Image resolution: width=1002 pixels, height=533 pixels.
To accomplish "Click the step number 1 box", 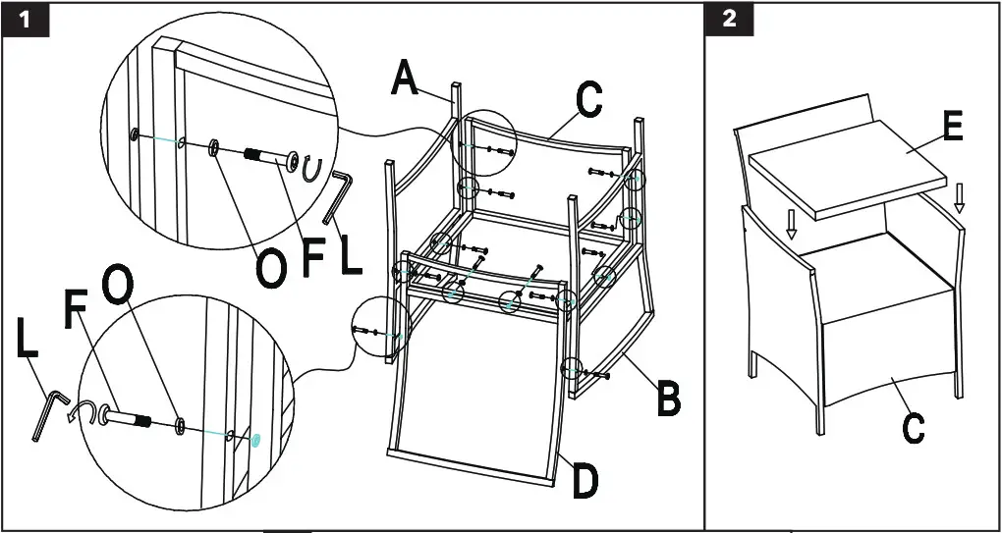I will tap(28, 21).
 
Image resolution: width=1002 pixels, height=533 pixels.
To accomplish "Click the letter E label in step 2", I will tap(951, 128).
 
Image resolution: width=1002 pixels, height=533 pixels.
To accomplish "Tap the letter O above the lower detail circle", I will tap(117, 285).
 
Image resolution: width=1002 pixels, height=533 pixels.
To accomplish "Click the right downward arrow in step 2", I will tap(959, 199).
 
